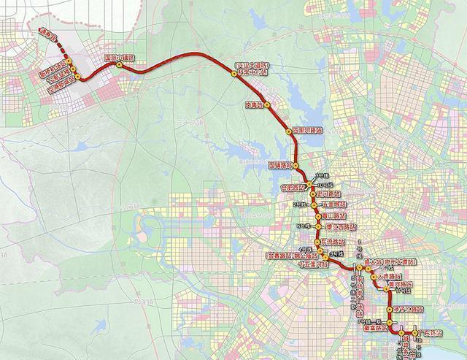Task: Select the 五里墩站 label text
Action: click(332, 205)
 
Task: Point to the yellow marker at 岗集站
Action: click(268, 105)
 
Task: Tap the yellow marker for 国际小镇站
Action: click(118, 65)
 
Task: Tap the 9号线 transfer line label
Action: click(333, 253)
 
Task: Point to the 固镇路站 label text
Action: click(280, 166)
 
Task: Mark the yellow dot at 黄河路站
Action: click(387, 289)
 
